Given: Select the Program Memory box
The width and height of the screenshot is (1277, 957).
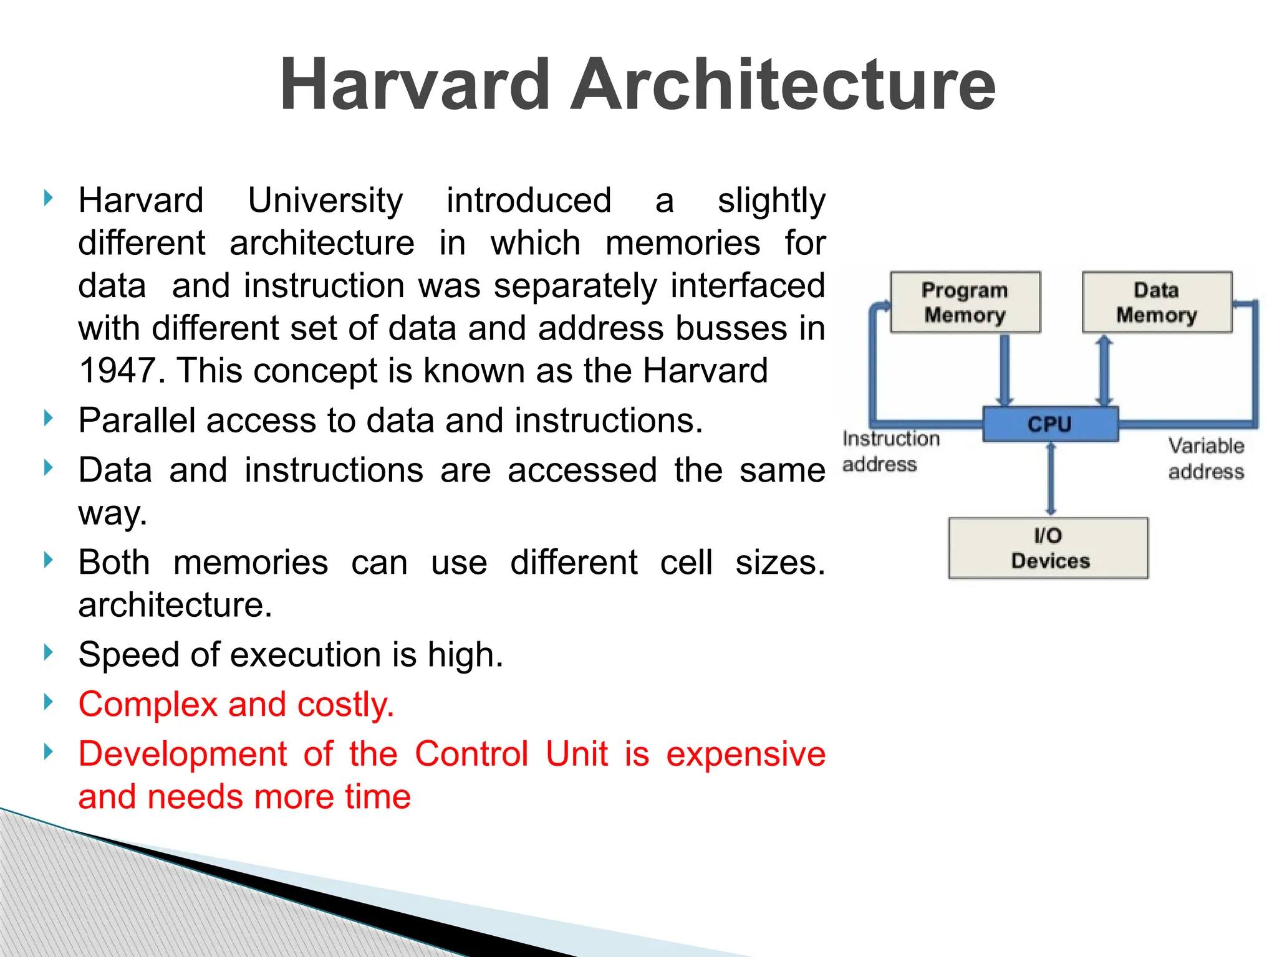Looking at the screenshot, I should click(x=965, y=302).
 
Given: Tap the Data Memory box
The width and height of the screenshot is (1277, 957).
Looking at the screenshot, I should click(x=1157, y=302).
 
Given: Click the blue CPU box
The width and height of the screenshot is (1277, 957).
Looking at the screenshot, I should click(x=1050, y=424).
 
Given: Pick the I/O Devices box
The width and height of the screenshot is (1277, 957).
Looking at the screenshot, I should click(x=1048, y=548).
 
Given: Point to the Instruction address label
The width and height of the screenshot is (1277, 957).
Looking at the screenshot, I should click(x=890, y=451).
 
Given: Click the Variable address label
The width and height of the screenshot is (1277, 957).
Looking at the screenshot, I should click(x=1206, y=459).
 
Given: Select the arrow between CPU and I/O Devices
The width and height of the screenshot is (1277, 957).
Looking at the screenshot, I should click(x=1051, y=479).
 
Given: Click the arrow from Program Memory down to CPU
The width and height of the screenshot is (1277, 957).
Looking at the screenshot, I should click(x=1005, y=369).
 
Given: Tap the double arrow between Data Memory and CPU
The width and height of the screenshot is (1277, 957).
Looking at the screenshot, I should click(x=1104, y=369).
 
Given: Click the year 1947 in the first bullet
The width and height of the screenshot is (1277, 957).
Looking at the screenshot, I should click(x=117, y=371).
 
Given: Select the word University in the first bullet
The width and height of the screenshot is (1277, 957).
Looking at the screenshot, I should click(x=325, y=201).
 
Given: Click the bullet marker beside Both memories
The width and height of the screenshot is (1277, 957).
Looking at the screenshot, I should click(x=49, y=560).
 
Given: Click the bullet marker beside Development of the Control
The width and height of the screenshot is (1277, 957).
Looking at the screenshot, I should click(x=49, y=752).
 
